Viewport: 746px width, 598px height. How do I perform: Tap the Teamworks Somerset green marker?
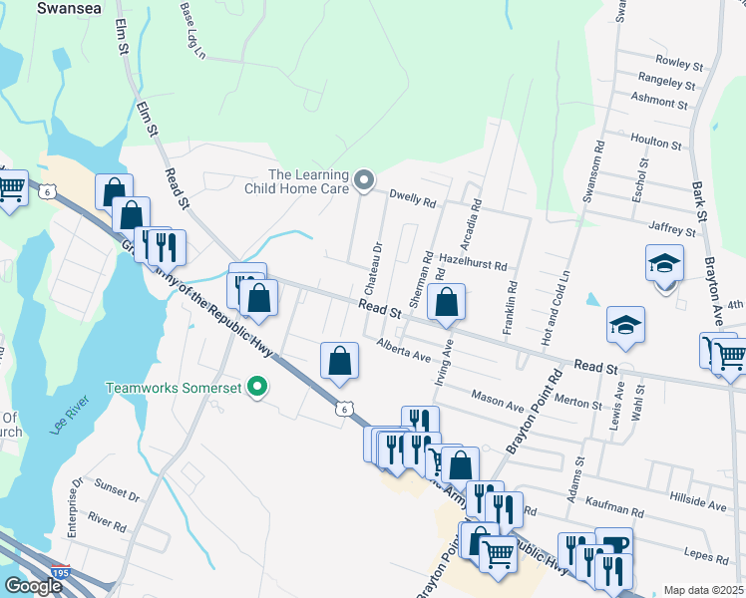point(258,387)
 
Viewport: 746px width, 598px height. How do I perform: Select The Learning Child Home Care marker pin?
point(365,180)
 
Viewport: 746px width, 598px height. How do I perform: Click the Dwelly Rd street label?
point(413,201)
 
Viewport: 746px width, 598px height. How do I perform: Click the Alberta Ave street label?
point(403,350)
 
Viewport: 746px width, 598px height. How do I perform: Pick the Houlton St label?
point(656,145)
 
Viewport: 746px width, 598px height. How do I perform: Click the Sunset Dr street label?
point(117,491)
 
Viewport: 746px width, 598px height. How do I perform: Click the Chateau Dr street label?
point(377,261)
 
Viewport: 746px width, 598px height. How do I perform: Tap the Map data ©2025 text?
point(703,590)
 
